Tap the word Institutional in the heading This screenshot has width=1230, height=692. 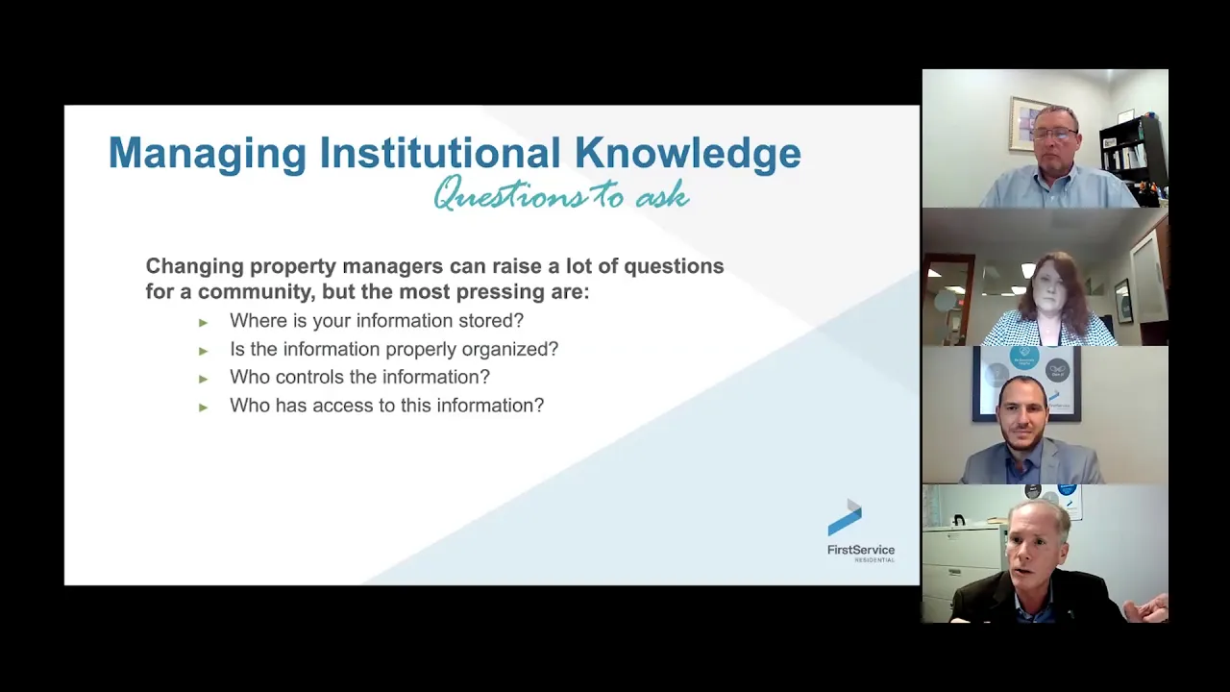[440, 152]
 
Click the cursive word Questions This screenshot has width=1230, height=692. [510, 194]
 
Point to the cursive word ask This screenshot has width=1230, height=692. [662, 195]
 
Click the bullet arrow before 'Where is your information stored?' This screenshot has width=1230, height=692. [203, 323]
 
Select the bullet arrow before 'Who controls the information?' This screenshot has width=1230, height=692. [203, 379]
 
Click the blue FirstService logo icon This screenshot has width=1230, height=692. [845, 517]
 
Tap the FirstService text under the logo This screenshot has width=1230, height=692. [861, 550]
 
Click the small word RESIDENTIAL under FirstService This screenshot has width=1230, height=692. [874, 560]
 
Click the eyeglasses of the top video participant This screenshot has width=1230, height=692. [1054, 134]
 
